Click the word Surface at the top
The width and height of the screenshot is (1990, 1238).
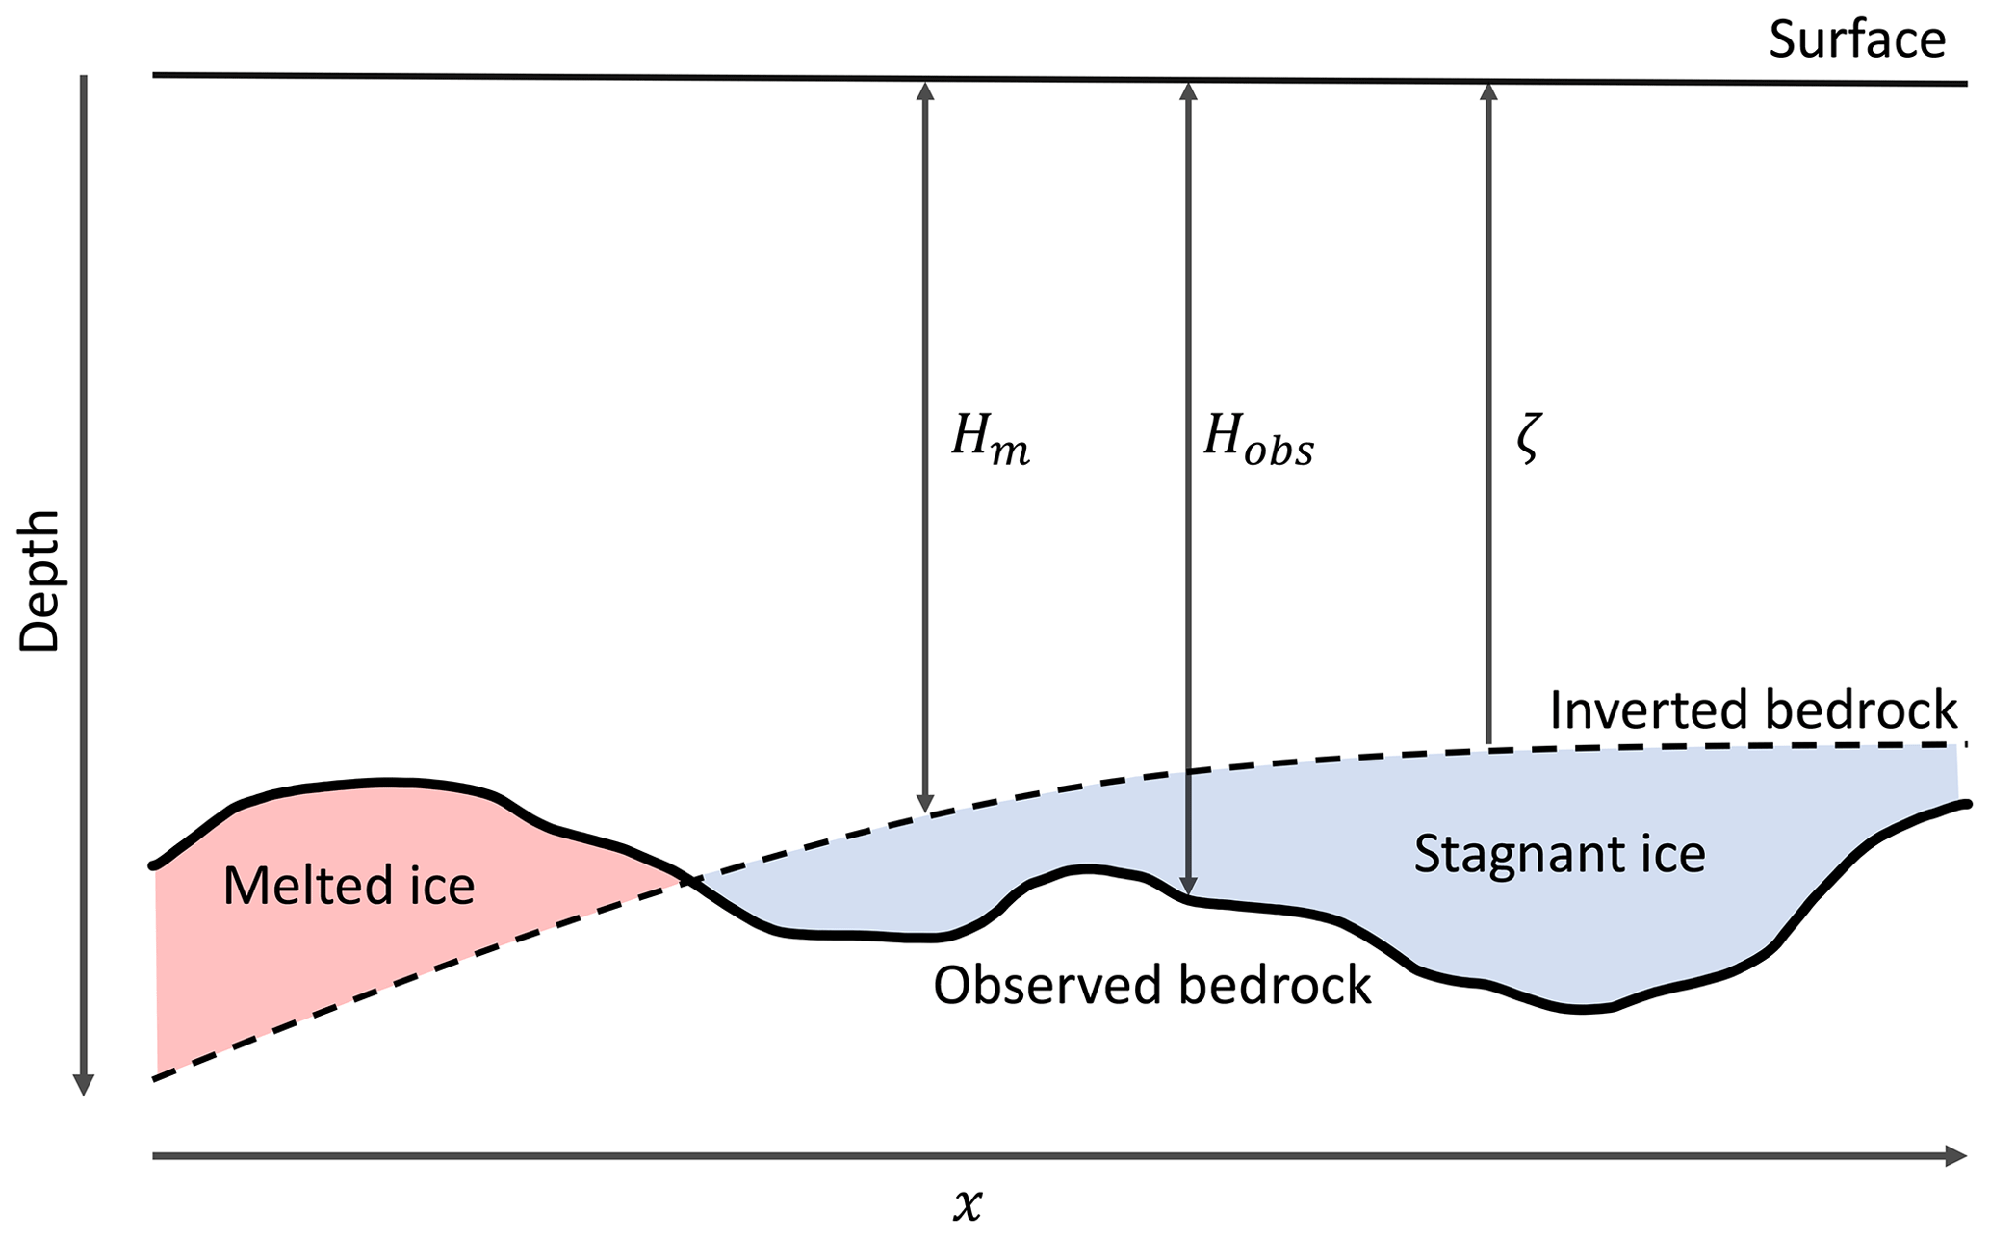point(1857,39)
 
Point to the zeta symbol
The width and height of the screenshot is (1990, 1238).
point(1528,441)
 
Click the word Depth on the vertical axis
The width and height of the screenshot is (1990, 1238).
point(40,581)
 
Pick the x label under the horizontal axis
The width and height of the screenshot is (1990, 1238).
point(968,1204)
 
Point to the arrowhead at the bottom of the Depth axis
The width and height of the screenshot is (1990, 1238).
point(84,1085)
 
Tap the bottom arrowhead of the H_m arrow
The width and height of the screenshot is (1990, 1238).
point(925,804)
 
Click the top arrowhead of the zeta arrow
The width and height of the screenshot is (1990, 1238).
point(1488,91)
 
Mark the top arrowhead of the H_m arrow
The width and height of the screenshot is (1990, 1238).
point(925,90)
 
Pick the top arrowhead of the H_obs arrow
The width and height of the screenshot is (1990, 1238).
point(1189,91)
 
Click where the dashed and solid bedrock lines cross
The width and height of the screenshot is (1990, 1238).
point(686,879)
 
